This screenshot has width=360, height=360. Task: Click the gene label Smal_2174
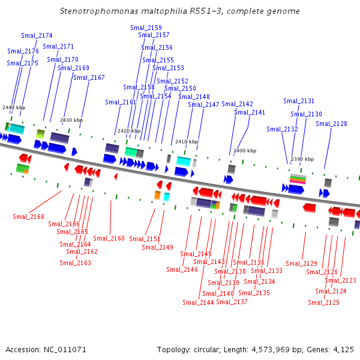[x=37, y=36]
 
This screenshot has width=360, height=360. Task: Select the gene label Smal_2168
[x=28, y=217]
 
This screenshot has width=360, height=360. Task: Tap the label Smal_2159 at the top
[x=146, y=28]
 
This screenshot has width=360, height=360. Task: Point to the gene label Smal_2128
[x=331, y=124]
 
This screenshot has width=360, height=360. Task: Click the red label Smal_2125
[x=323, y=302]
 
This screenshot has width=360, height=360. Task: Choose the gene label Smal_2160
[x=109, y=238]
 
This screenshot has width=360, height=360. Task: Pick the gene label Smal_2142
[x=237, y=104]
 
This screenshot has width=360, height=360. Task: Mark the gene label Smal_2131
[x=299, y=101]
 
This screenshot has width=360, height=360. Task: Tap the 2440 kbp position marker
[x=14, y=107]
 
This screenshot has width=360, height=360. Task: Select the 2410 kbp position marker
[x=186, y=142]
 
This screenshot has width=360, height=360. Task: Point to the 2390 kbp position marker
[x=302, y=159]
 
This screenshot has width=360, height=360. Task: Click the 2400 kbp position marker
[x=244, y=151]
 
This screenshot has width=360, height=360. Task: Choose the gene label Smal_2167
[x=89, y=77]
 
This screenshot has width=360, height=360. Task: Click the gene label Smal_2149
[x=157, y=247]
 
